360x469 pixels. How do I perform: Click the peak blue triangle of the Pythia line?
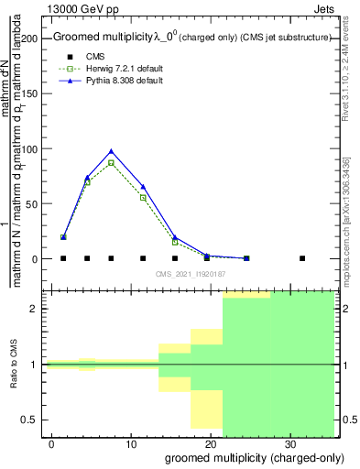(111, 151)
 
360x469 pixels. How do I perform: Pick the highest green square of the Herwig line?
(111, 163)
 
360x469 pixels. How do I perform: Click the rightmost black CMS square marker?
(302, 258)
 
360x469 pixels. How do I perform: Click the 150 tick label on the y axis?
(34, 93)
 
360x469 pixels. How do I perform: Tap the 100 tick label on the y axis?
(34, 148)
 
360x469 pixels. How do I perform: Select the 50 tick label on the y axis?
(37, 203)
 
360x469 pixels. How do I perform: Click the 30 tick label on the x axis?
(289, 443)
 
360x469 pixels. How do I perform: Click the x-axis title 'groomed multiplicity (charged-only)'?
(250, 457)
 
